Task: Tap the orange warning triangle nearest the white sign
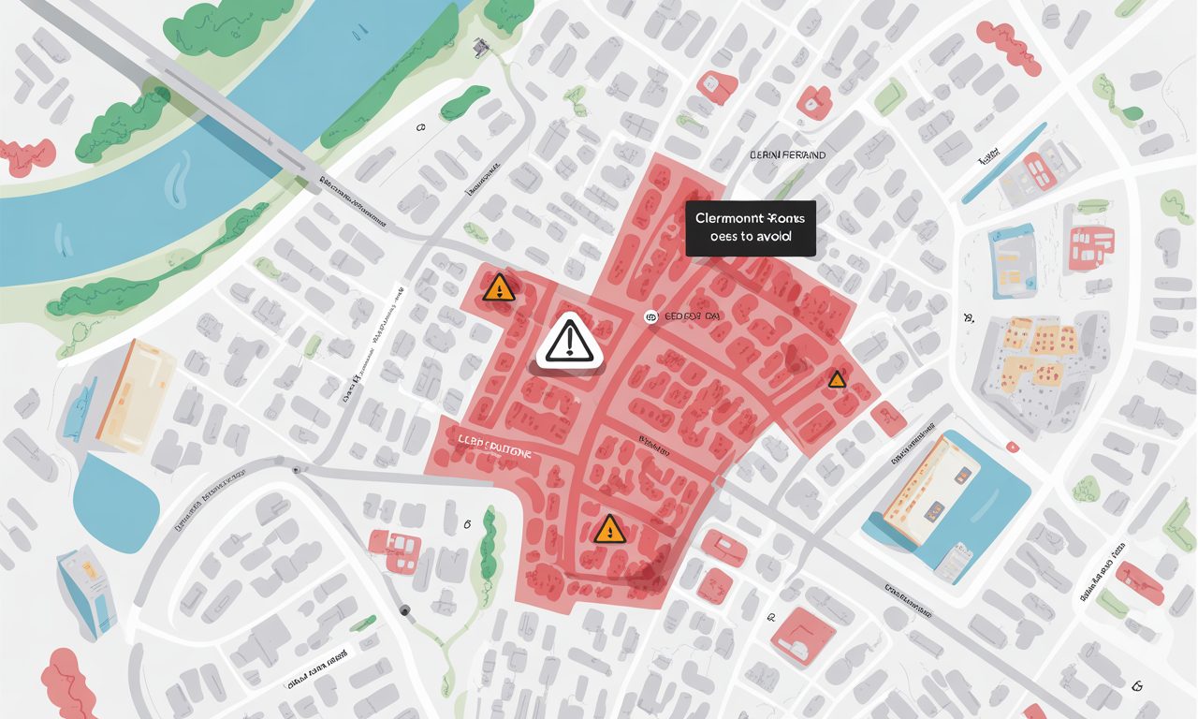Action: [x=499, y=287]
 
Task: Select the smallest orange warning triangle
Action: [x=836, y=379]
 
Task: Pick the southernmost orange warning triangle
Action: [x=608, y=530]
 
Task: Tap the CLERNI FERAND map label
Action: [x=788, y=154]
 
